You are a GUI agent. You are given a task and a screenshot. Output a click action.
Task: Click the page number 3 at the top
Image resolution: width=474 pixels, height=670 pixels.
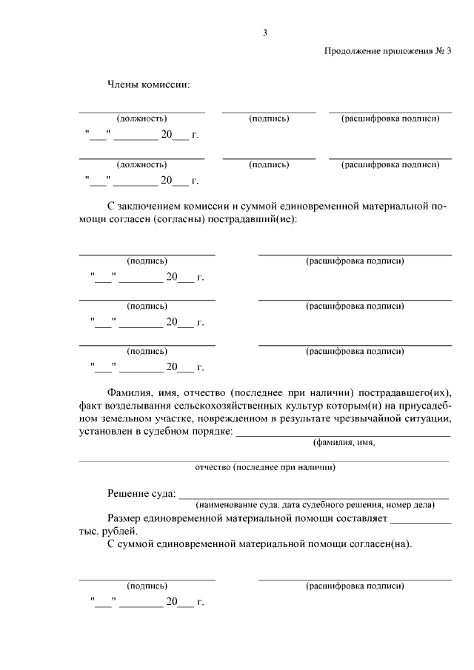pyautogui.click(x=264, y=32)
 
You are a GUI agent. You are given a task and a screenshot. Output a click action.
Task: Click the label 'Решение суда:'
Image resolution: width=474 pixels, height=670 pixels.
pyautogui.click(x=141, y=493)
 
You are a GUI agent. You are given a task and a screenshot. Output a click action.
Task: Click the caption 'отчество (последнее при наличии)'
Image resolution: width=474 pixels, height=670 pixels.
pyautogui.click(x=264, y=468)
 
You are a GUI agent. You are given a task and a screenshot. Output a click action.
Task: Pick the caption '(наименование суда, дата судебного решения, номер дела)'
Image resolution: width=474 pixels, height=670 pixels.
pyautogui.click(x=315, y=505)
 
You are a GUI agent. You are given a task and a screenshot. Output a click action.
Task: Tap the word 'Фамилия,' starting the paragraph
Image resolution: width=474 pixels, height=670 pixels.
pyautogui.click(x=130, y=392)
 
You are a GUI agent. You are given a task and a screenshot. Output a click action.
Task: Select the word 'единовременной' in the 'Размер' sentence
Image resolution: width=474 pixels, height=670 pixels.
pyautogui.click(x=193, y=518)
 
